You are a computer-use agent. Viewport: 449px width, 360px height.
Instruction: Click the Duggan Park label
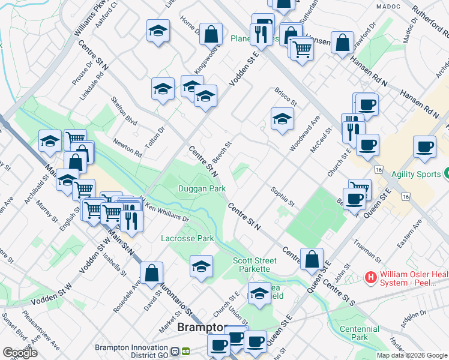[x=202, y=188]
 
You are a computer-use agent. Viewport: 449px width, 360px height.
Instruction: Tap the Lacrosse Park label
[x=187, y=238]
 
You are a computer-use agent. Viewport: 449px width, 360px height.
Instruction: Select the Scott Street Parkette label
[x=255, y=265]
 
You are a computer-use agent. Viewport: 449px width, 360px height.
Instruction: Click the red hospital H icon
[x=371, y=278]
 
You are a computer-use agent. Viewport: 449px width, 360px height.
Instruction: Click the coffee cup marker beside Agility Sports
[x=425, y=148]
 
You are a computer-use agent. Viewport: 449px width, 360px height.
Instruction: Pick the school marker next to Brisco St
[x=282, y=118]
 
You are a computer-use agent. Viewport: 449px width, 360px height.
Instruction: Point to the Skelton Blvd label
[x=124, y=110]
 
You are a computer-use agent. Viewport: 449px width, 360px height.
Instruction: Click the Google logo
[x=20, y=352]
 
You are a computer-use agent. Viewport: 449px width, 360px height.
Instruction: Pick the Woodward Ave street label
[x=301, y=137]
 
